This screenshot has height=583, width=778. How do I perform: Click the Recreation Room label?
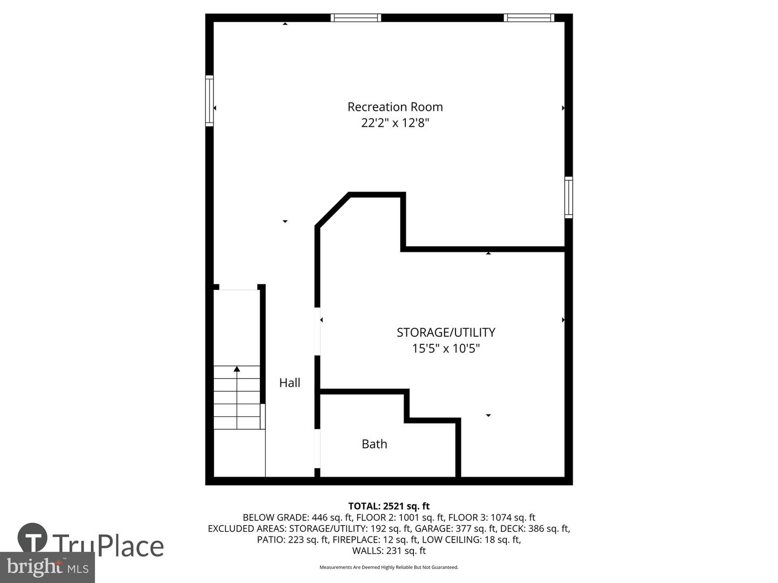pos(395,107)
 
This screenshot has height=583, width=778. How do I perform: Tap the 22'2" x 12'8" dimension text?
pos(395,123)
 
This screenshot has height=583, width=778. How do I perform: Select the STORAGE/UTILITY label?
pos(446,333)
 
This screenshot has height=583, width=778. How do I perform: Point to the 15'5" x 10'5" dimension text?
pos(446,348)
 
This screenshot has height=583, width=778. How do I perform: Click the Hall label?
pos(290,383)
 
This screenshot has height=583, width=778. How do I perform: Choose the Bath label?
pos(374,444)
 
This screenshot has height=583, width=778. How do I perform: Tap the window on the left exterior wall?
pos(210,100)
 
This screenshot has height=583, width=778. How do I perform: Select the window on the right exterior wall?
pos(568,197)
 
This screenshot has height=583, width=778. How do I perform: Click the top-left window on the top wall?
pos(356,18)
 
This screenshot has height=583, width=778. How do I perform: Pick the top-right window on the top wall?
pos(529,18)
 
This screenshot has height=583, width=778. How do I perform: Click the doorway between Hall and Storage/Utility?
pos(318,331)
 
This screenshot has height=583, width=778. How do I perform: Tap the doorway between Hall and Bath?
pos(318,449)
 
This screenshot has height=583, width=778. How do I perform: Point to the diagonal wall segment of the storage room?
pos(332,211)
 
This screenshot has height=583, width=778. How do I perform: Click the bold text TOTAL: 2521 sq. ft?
pos(389,506)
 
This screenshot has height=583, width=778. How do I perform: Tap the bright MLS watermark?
pos(48,567)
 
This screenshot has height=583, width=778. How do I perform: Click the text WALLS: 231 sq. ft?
pos(389,551)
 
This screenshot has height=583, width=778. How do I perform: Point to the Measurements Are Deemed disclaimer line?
pos(389,567)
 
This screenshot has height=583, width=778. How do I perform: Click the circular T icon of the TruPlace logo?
pos(32,538)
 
